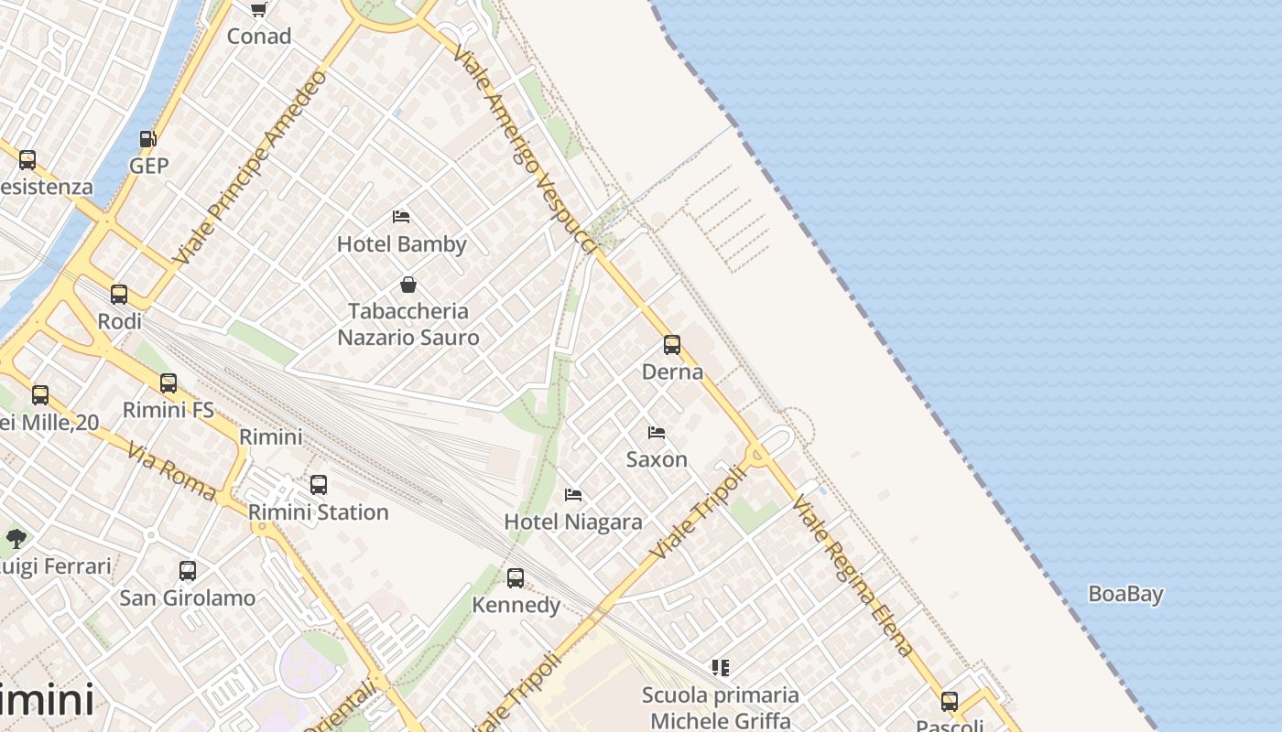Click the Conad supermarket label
pyautogui.click(x=259, y=37)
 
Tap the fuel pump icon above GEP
pyautogui.click(x=147, y=139)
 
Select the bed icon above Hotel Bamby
pyautogui.click(x=401, y=217)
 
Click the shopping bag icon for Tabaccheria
pyautogui.click(x=408, y=285)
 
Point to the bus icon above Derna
pyautogui.click(x=672, y=345)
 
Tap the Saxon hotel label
pyautogui.click(x=657, y=459)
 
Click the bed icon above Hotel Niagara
pyautogui.click(x=573, y=495)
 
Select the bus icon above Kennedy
pyautogui.click(x=516, y=578)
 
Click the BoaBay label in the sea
pyautogui.click(x=1125, y=594)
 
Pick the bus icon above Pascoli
pyautogui.click(x=950, y=702)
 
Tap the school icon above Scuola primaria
pyautogui.click(x=721, y=668)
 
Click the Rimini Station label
pyautogui.click(x=319, y=512)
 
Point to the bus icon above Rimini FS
pyautogui.click(x=168, y=383)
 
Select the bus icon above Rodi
pyautogui.click(x=119, y=295)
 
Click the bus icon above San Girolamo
pyautogui.click(x=188, y=571)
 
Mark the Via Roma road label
pyautogui.click(x=172, y=472)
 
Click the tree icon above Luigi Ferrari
pyautogui.click(x=16, y=538)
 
